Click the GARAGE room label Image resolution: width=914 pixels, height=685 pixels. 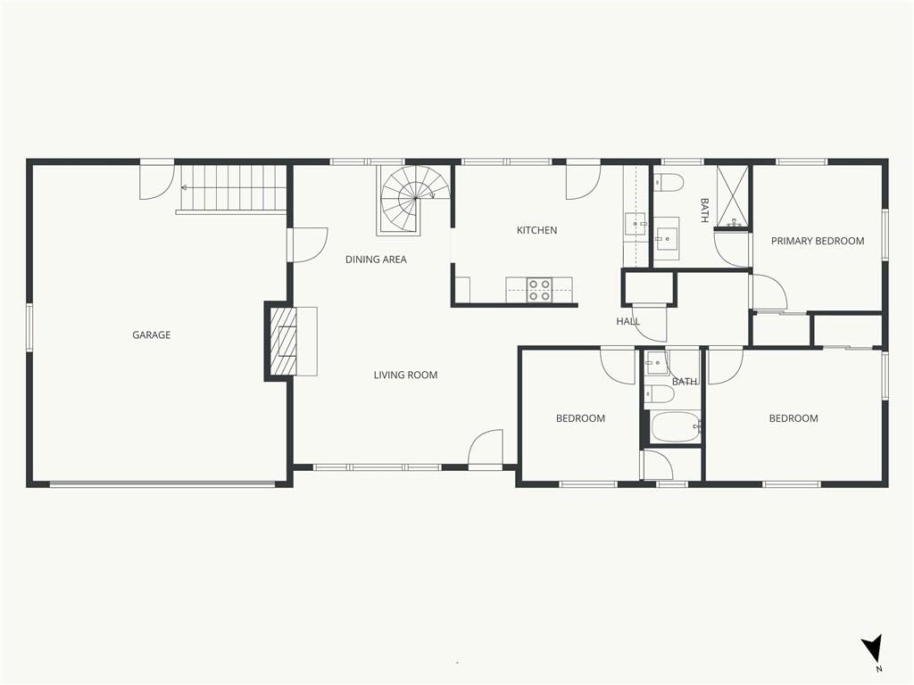(151, 335)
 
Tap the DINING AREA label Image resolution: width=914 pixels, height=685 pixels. (376, 260)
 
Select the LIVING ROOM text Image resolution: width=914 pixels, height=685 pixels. (406, 376)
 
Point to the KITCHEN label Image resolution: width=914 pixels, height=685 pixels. (536, 230)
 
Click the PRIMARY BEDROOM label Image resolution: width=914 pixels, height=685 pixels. (818, 241)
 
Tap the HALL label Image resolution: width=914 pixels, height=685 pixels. (627, 321)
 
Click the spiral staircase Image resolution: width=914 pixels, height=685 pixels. (414, 200)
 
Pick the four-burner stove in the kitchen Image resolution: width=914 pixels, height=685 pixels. (539, 290)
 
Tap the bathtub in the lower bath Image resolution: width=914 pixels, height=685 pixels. (676, 427)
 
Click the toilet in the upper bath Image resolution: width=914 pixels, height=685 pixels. (668, 184)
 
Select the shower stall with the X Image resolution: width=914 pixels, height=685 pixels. (732, 195)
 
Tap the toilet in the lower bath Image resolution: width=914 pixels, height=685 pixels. (660, 394)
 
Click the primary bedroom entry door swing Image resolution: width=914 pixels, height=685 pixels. (769, 292)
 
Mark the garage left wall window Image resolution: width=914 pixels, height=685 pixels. (29, 326)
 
